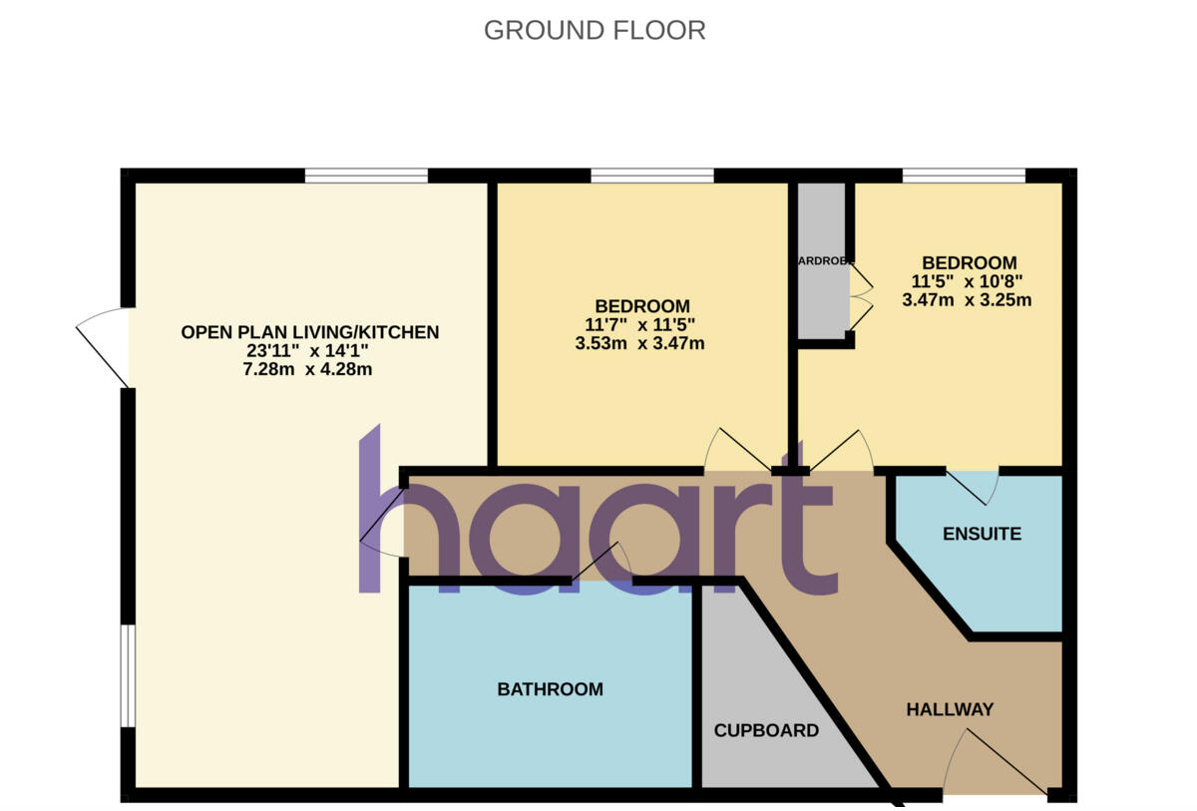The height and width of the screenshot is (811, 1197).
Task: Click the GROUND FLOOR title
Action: [595, 30]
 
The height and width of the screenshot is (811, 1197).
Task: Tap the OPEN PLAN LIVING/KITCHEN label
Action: [309, 332]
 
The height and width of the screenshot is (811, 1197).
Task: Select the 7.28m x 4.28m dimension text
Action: [309, 370]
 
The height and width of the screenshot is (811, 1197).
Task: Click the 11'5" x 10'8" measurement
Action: [966, 281]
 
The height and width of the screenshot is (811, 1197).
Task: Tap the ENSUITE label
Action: [982, 534]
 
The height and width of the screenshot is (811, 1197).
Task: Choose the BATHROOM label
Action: [550, 689]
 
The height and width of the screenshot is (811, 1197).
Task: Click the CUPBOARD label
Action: [766, 730]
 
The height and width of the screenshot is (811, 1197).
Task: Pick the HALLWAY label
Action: [950, 709]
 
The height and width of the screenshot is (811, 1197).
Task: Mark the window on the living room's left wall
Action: [127, 675]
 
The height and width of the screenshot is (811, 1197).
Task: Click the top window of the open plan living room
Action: [366, 176]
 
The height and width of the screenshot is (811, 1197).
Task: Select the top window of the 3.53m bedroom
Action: [652, 176]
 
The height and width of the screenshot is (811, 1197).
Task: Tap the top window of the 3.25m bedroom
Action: [964, 176]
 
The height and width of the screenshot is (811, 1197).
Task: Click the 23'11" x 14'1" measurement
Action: [309, 351]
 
